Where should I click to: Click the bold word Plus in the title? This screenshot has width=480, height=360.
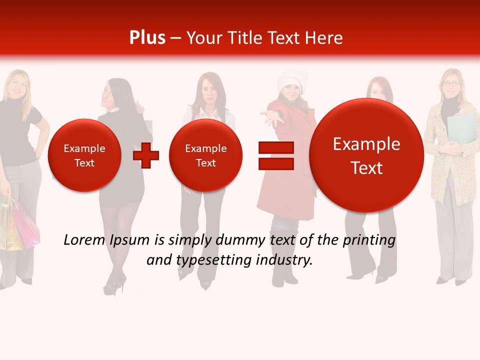147,37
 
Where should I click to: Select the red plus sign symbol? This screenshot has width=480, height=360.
145,155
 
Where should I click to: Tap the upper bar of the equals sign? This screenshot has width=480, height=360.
275,147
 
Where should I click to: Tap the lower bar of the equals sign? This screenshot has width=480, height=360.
275,163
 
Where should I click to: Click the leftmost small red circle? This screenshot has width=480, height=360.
84,155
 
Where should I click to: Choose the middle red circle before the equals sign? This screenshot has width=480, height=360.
205,155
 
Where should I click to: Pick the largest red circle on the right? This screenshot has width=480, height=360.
366,155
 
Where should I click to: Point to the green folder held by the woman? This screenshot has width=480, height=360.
462,128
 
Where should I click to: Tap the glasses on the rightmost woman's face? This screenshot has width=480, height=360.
451,83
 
